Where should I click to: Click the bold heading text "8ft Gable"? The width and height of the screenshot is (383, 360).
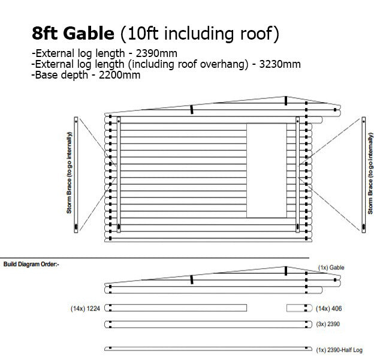pos(73,33)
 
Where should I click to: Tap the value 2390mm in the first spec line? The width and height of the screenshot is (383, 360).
pos(156,53)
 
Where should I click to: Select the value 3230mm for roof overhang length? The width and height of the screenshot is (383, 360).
pos(280,64)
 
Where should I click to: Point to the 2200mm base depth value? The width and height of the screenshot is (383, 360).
pos(119,75)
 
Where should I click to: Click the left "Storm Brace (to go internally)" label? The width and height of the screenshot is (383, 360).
pos(70,173)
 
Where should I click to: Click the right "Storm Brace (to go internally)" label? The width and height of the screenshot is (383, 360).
pos(370,173)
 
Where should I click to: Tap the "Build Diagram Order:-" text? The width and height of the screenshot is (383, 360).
pos(31,264)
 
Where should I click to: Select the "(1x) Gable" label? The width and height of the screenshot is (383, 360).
pos(331,268)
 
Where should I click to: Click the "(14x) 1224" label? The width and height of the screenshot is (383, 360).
pos(85,308)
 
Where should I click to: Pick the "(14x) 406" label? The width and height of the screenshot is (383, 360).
pos(329,308)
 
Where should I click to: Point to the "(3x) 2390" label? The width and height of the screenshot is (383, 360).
pos(328,324)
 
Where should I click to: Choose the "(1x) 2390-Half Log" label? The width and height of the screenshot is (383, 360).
pos(339,350)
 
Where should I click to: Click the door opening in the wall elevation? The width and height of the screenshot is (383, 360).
pos(267,170)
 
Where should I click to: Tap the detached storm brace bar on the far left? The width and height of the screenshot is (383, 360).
pos(76,175)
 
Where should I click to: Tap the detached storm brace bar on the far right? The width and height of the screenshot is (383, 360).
pos(364,175)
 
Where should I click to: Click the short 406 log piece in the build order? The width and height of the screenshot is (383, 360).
pos(300,308)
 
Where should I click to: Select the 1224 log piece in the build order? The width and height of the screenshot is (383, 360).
pos(176,308)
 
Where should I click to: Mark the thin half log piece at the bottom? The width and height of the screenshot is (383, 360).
pos(208,349)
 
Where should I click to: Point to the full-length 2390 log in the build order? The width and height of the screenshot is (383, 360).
pos(208,324)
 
